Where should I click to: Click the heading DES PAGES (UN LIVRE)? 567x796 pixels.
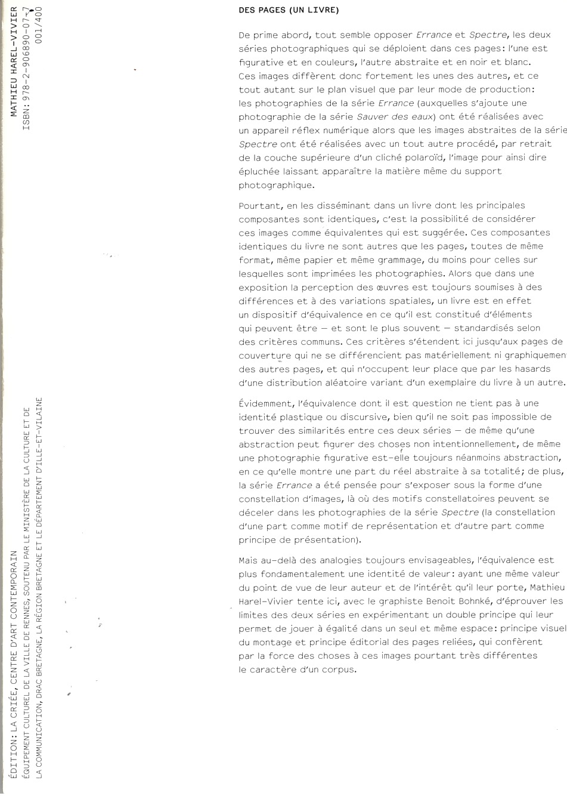coord(288,11)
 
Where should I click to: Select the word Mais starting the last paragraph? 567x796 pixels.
coord(249,560)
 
